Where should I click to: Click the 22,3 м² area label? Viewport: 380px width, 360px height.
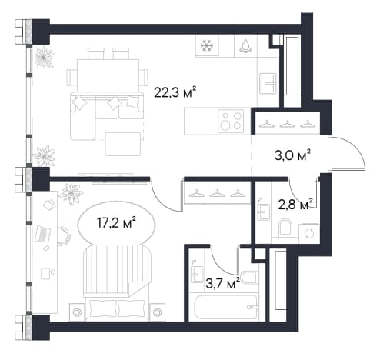point(175,92)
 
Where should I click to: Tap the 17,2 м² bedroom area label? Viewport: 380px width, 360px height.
point(116,223)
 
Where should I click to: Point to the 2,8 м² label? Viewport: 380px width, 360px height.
point(295,205)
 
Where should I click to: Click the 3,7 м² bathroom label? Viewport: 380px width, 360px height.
point(223,284)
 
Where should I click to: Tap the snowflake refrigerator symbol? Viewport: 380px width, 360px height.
point(207,46)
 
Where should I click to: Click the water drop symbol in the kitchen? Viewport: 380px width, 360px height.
point(246,46)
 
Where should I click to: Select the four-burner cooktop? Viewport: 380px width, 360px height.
point(231,121)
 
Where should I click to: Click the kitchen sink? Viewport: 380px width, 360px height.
point(268,83)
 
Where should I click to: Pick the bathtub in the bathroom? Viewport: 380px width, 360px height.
point(225,307)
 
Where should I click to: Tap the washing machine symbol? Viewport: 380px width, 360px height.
point(309,234)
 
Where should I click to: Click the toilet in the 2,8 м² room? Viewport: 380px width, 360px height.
point(285,227)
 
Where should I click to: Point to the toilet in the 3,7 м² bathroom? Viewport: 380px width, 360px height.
point(248,278)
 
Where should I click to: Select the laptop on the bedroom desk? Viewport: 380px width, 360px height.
point(43,233)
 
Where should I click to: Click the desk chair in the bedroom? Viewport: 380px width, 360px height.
point(64,236)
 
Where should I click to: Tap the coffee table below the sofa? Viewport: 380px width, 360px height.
point(123,144)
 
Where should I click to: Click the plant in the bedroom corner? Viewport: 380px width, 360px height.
point(71,194)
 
